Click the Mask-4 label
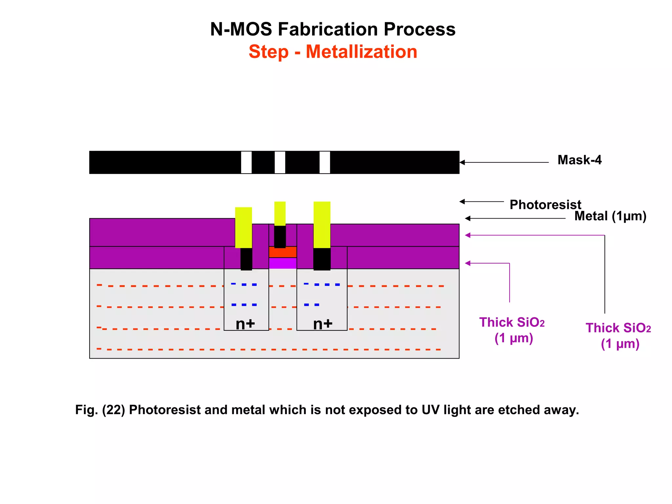click(579, 160)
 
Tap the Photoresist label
click(545, 205)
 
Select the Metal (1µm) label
click(610, 216)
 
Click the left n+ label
click(245, 324)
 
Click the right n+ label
click(323, 324)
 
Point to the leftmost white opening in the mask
click(246, 162)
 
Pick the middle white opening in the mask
click(280, 162)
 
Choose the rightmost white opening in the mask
click(325, 162)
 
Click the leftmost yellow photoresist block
click(243, 227)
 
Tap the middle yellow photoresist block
click(280, 214)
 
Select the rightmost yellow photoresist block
click(322, 225)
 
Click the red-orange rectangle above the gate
click(283, 252)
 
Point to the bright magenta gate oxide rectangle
click(283, 263)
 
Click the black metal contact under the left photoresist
click(246, 259)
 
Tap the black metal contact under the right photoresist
click(322, 259)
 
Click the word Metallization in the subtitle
click(361, 52)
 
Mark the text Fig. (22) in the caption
click(100, 410)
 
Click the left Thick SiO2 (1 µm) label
click(512, 330)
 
